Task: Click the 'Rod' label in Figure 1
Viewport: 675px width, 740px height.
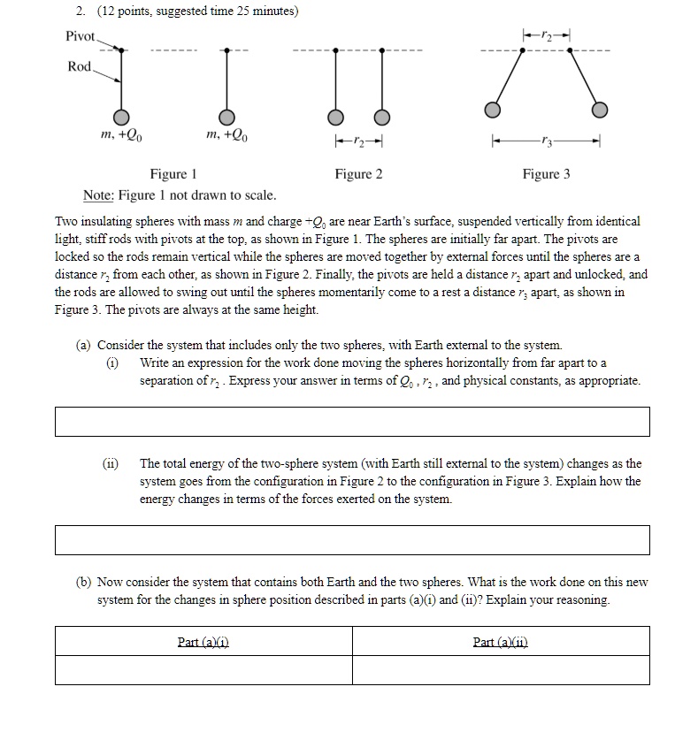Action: coord(80,67)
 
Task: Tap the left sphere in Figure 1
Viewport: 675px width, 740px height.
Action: coord(121,118)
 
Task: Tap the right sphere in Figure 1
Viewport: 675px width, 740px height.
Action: coord(226,118)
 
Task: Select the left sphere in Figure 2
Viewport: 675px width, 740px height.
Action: coord(334,118)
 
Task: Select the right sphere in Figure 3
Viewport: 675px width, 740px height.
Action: coord(600,110)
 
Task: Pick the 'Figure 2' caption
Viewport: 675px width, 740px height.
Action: coord(358,174)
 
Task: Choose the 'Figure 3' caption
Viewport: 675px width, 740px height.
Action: coord(546,174)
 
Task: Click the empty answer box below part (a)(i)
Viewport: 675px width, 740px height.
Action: coord(351,421)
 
